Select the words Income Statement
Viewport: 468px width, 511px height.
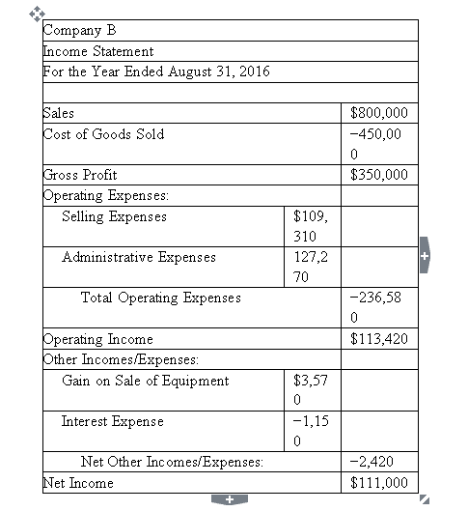(x=99, y=51)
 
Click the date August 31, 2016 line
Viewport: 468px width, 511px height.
(x=157, y=71)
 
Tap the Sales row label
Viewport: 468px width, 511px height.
(x=60, y=113)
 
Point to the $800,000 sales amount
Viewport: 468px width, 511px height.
(x=381, y=114)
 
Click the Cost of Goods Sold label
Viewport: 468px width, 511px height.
(x=104, y=133)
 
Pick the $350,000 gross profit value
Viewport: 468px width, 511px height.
(x=381, y=176)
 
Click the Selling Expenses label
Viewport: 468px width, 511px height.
(x=114, y=216)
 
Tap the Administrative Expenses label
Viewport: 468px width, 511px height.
(x=138, y=257)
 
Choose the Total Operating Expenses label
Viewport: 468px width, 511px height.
(x=160, y=298)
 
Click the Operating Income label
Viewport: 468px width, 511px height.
(x=98, y=339)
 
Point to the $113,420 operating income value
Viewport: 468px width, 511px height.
(x=381, y=340)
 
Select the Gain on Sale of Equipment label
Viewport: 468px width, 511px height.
(x=145, y=381)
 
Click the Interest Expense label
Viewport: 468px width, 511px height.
(x=112, y=421)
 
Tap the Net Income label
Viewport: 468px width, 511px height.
(x=79, y=483)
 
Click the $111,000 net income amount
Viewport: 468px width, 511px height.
(x=381, y=483)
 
